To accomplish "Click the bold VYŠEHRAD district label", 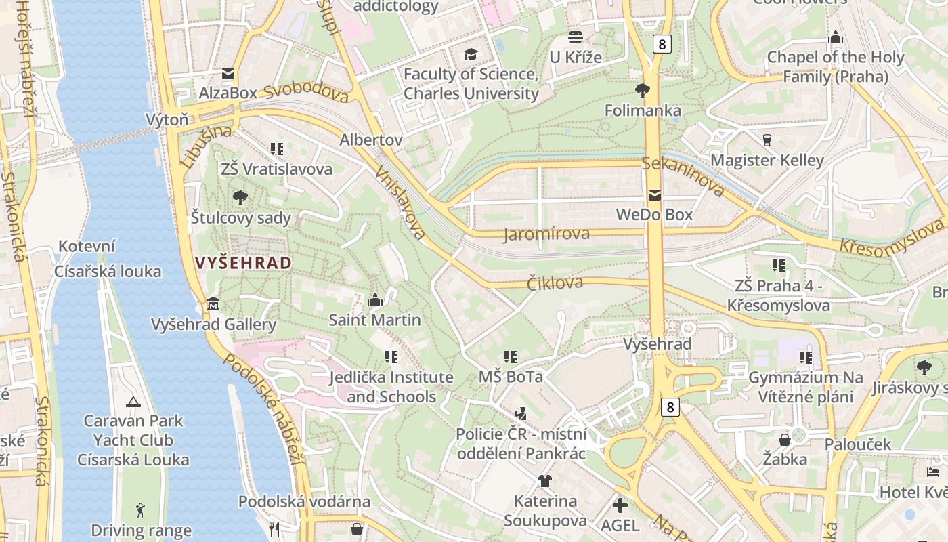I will pos(243,263).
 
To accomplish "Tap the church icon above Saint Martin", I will pos(374,300).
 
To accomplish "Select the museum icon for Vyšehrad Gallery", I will pos(213,304).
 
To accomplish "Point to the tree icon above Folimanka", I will pos(642,90).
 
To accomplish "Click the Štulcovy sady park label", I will pos(240,218).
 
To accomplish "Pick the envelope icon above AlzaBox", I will pos(228,74).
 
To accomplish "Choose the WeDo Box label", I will pos(654,215).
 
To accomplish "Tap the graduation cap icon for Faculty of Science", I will pos(471,54).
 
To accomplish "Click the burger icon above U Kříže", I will pos(576,37).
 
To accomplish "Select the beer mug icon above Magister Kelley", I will pos(767,140).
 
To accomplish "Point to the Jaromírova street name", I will pos(546,234).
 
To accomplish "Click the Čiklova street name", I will pos(555,283).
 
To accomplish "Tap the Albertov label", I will pos(371,140).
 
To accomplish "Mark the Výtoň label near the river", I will pos(167,120).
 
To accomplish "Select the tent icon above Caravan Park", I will pos(133,402).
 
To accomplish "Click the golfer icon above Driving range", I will pos(140,510).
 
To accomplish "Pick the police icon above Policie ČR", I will pos(521,413).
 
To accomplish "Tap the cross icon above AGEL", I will pos(620,505).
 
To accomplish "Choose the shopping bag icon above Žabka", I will pos(784,440).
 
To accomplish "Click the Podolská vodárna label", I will pos(304,502).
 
